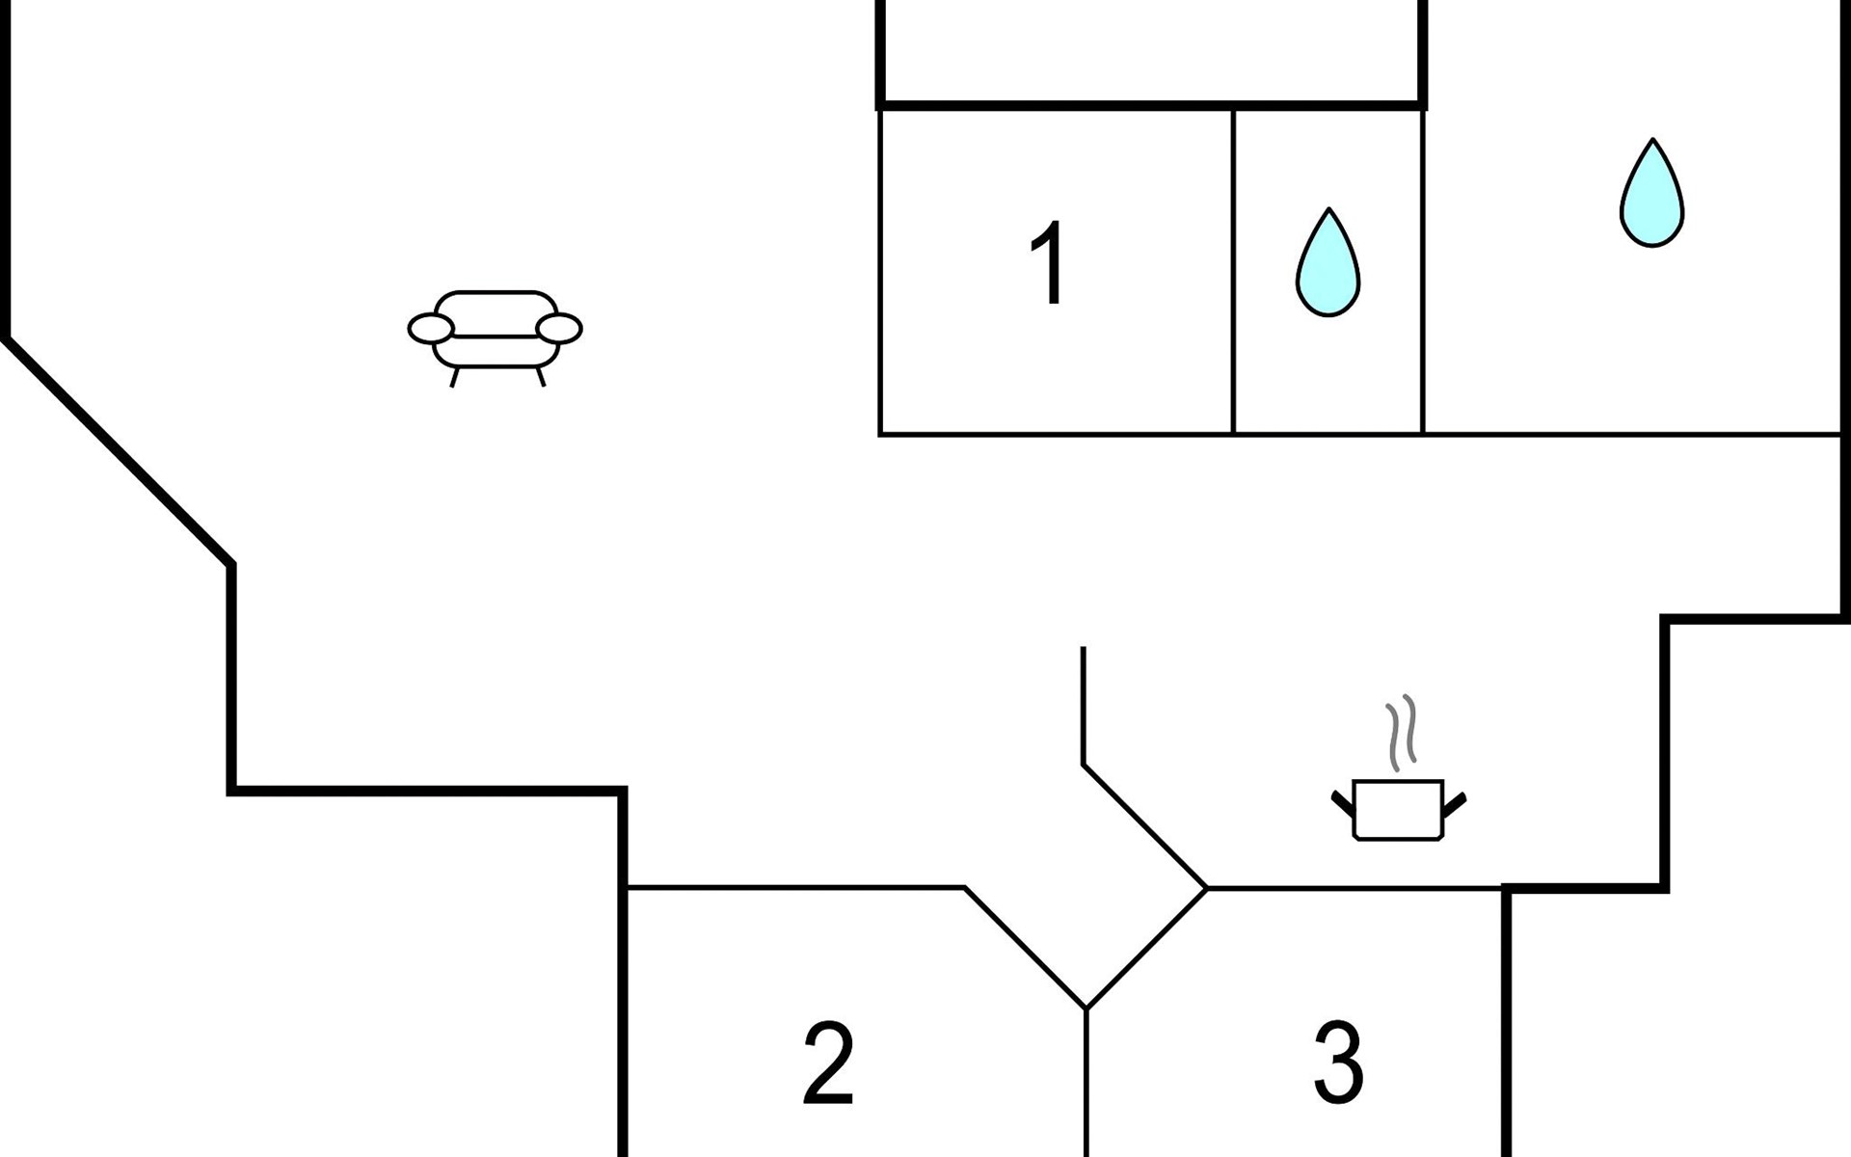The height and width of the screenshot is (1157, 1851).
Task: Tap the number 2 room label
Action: (829, 1063)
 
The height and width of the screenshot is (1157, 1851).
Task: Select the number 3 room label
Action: (1339, 1063)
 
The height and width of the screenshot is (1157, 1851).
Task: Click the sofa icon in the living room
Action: (495, 337)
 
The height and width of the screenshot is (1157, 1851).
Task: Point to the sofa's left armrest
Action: (430, 329)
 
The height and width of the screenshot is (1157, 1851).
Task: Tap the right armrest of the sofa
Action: (559, 329)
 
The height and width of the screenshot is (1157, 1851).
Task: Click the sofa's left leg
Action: (454, 377)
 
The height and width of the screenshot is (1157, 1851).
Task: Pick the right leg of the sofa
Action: (541, 377)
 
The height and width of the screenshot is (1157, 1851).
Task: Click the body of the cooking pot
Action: (1398, 810)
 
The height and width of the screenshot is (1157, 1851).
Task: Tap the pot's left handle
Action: (1343, 803)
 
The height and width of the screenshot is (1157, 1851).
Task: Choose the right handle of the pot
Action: (1455, 803)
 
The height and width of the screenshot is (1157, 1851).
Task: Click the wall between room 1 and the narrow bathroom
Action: (1233, 271)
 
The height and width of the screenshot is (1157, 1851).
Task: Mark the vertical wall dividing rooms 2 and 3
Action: (1086, 1083)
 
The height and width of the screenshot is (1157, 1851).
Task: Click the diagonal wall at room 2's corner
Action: (1026, 948)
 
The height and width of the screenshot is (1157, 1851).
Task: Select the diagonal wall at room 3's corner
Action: (1147, 948)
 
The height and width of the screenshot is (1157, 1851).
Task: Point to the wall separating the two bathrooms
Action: (1423, 271)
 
